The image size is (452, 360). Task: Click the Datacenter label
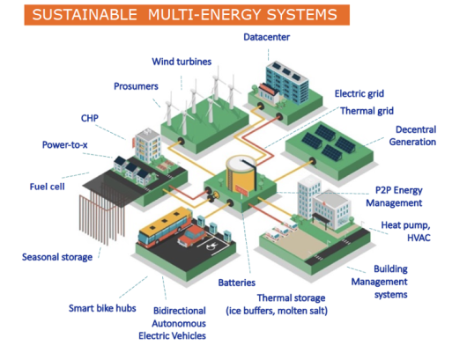point(266,37)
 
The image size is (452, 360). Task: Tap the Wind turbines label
point(182,62)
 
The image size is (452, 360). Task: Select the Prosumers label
point(136,86)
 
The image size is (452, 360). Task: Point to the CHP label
point(90,118)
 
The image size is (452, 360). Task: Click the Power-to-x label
point(65,145)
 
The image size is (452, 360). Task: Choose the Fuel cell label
point(48,187)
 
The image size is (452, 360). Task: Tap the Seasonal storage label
point(57,257)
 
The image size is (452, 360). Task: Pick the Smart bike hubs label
point(102,308)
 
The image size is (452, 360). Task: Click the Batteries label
point(237,283)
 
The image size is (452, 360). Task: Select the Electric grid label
point(359,93)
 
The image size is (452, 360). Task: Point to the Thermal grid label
point(367,111)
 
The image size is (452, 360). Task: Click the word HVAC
point(419,238)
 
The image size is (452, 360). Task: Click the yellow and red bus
point(166,225)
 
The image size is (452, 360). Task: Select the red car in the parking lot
point(192,236)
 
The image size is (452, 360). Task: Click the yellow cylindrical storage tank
point(241,173)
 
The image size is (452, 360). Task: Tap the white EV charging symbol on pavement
point(211,245)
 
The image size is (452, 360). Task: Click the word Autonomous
point(179,324)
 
